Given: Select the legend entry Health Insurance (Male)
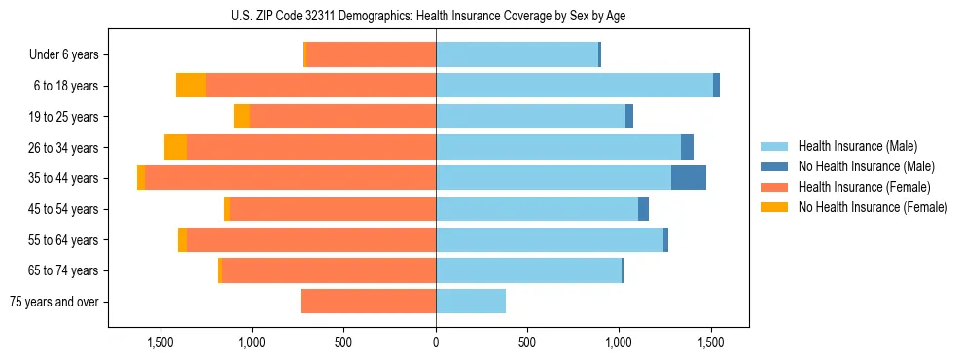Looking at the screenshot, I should [x=857, y=146].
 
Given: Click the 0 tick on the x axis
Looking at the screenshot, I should [x=436, y=342].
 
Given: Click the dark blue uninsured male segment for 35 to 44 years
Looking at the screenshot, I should [x=689, y=178].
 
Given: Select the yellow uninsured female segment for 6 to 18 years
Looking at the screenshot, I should [x=191, y=86].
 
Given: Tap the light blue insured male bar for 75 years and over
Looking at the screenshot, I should [x=471, y=302].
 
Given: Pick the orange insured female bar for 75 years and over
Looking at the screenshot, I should [x=368, y=302].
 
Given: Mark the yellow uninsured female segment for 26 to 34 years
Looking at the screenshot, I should [x=175, y=147].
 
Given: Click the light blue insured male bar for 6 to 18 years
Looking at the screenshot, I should [x=574, y=86].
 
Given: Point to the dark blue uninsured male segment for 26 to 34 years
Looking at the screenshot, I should [x=687, y=147].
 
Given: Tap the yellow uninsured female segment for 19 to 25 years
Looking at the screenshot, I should [x=242, y=117].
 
